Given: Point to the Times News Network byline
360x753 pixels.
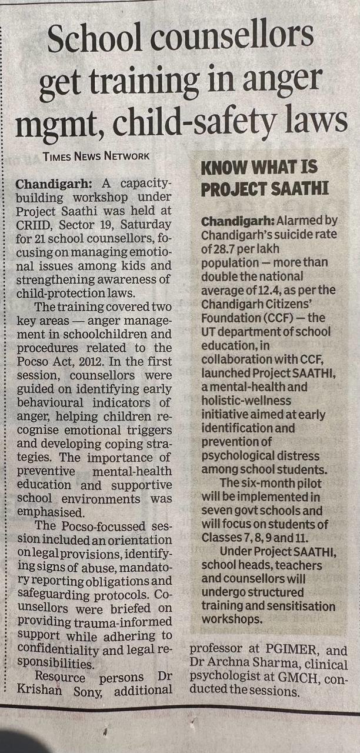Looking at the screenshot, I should point(96,156).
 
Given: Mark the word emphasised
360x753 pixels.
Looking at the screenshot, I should point(49,511).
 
